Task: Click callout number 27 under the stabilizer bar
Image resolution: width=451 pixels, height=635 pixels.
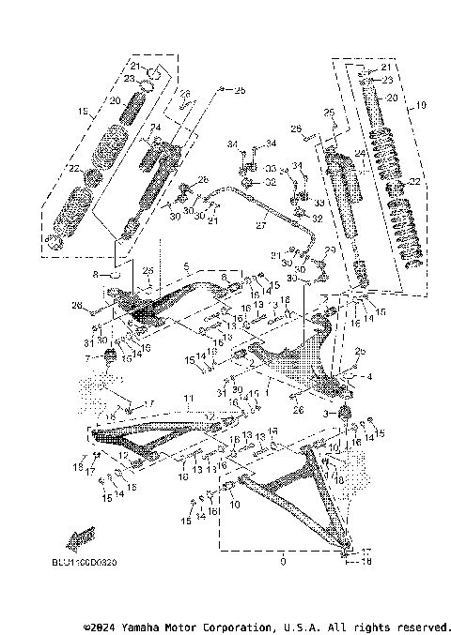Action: [x=261, y=226]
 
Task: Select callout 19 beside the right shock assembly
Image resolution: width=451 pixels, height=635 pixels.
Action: [x=421, y=104]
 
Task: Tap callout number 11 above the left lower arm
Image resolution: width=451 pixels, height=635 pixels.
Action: [x=189, y=399]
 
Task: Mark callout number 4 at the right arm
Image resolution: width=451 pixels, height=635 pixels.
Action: [x=369, y=376]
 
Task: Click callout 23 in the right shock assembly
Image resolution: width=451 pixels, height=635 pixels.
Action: [x=385, y=83]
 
